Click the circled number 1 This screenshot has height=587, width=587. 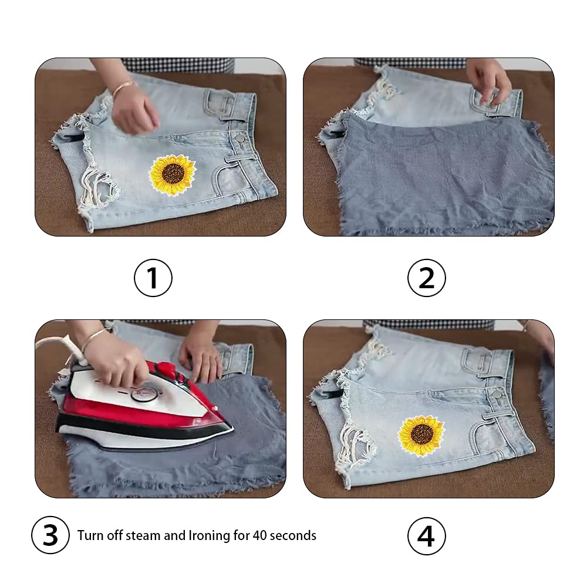coord(153,278)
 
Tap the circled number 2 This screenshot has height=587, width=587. coord(426,278)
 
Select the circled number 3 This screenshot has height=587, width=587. coord(50,535)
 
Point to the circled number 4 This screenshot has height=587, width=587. coord(426,536)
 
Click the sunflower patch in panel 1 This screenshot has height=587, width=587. coord(173,174)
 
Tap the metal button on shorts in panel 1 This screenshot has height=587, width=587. coord(239,138)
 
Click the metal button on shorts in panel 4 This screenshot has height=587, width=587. coord(498,393)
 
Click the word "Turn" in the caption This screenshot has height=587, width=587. coord(90,536)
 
